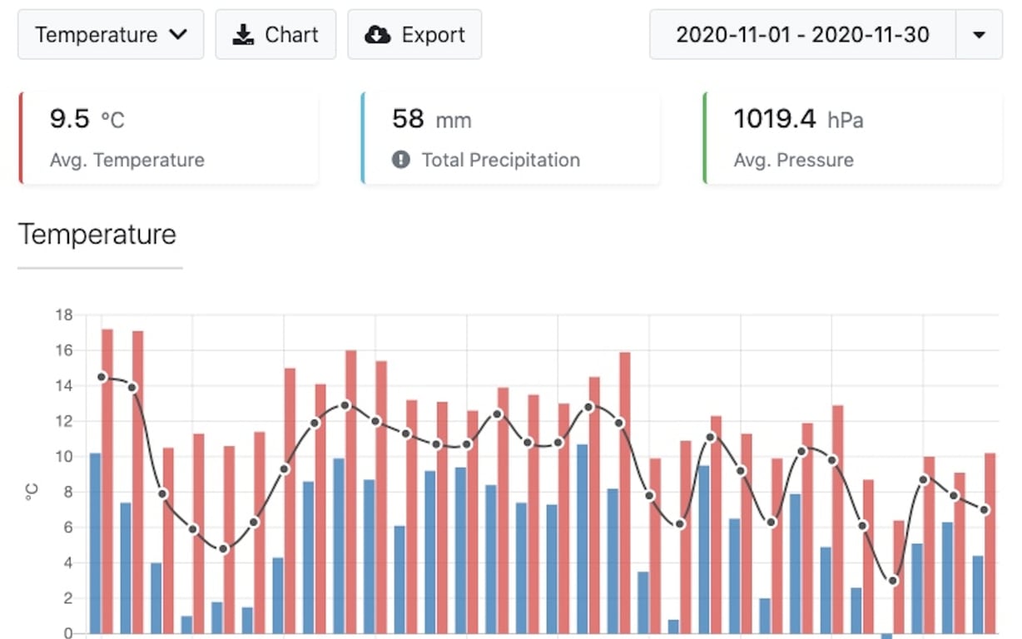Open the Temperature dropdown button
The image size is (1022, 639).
[x=111, y=35]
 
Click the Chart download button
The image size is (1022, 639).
[x=275, y=35]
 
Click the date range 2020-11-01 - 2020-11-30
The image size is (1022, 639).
[x=802, y=35]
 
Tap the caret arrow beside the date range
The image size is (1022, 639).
[x=979, y=35]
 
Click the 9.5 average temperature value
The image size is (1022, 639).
[x=70, y=119]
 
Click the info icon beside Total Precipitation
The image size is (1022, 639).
[x=401, y=160]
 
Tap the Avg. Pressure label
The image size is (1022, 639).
[x=793, y=160]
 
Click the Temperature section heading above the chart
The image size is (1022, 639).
[x=97, y=234]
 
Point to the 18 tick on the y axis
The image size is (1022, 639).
[x=64, y=315]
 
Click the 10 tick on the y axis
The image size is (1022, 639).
[x=64, y=457]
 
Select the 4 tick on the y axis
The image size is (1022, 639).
[x=67, y=563]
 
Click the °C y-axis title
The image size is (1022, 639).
[x=32, y=493]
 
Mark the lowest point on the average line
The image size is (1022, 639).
[x=893, y=581]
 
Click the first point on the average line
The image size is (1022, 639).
[x=102, y=377]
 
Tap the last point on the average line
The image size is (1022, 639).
[x=985, y=509]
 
